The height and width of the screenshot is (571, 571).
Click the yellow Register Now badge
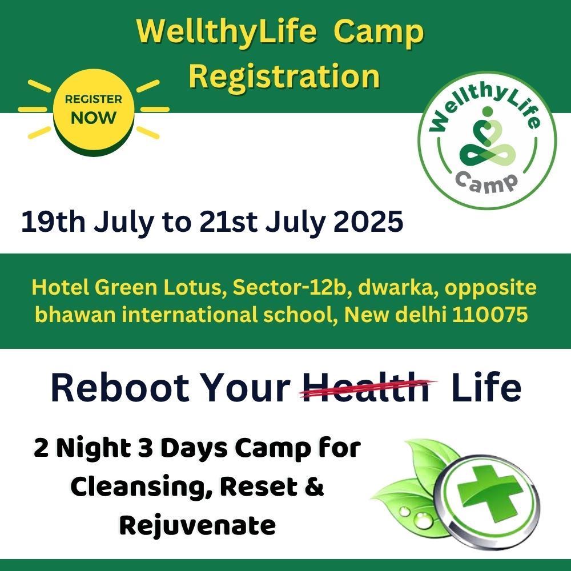[x=94, y=111]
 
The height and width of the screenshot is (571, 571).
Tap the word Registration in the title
[x=284, y=76]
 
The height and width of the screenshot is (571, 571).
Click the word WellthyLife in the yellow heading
[x=226, y=31]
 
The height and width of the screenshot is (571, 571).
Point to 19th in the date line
[x=53, y=222]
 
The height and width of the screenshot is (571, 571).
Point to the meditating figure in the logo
[x=488, y=138]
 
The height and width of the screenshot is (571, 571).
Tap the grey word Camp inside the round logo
[x=487, y=182]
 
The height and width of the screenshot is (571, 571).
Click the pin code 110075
[x=490, y=315]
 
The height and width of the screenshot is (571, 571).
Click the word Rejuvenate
[x=198, y=526]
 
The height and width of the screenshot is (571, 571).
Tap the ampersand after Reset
[x=314, y=486]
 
